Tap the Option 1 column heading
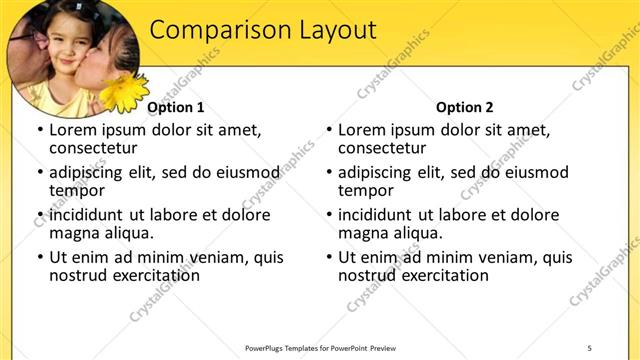pyautogui.click(x=176, y=107)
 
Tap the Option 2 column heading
pyautogui.click(x=465, y=107)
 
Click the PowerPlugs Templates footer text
pyautogui.click(x=320, y=347)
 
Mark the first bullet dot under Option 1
pyautogui.click(x=39, y=131)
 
